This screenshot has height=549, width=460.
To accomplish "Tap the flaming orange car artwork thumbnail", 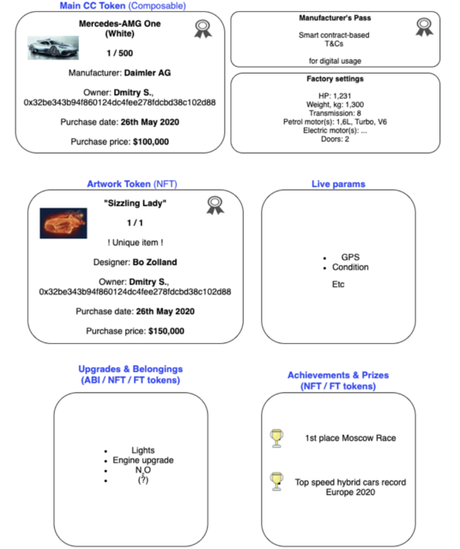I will point(63,222).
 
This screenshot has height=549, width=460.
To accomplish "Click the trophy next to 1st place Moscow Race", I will point(276,438).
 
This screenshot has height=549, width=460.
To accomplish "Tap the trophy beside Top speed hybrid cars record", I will point(276,480).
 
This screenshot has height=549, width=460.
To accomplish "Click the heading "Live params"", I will point(337,184).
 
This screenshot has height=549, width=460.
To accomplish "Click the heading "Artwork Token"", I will point(118,184).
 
